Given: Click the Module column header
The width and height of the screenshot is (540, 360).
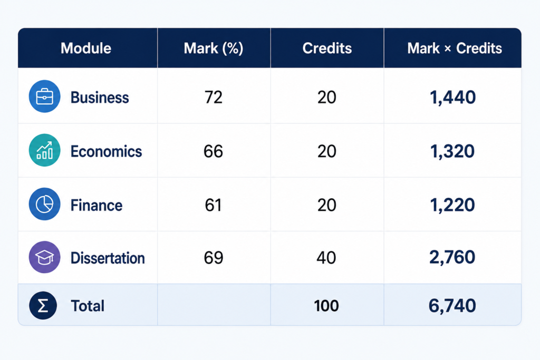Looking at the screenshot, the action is point(86,48).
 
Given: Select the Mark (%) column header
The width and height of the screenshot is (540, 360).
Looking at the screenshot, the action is point(214,48).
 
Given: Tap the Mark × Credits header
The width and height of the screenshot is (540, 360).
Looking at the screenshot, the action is point(455,48).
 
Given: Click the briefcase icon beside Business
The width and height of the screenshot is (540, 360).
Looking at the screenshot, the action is point(44,96).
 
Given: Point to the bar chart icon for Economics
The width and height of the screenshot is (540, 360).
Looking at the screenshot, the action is point(44,150).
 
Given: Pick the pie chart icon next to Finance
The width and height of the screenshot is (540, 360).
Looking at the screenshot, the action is point(44,204).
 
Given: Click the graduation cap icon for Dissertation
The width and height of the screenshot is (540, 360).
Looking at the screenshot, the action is point(44,257).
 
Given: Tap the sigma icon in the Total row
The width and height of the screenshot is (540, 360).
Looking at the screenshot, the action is point(43,306).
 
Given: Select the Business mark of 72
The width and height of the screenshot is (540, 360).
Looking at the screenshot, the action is point(214,98).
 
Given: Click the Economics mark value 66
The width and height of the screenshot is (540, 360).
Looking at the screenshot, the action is point(213,151).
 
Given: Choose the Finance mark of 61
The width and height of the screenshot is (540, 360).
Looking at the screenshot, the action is point(213,205).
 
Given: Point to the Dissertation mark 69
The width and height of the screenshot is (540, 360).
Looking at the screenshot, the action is point(214,258).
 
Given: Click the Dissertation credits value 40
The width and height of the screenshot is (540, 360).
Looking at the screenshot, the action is point(326,258).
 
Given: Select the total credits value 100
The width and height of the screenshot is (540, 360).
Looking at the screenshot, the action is point(326,306).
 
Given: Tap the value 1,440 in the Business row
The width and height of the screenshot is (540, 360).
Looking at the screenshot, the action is point(453,98).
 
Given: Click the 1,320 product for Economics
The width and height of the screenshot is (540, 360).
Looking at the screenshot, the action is point(452,151).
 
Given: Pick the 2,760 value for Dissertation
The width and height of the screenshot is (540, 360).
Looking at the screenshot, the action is point(452,257).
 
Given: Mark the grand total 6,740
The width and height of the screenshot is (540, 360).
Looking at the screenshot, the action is point(452,306).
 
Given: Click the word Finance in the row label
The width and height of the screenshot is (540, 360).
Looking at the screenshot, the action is point(97,206).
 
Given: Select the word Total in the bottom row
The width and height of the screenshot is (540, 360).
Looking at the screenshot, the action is point(88,306).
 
